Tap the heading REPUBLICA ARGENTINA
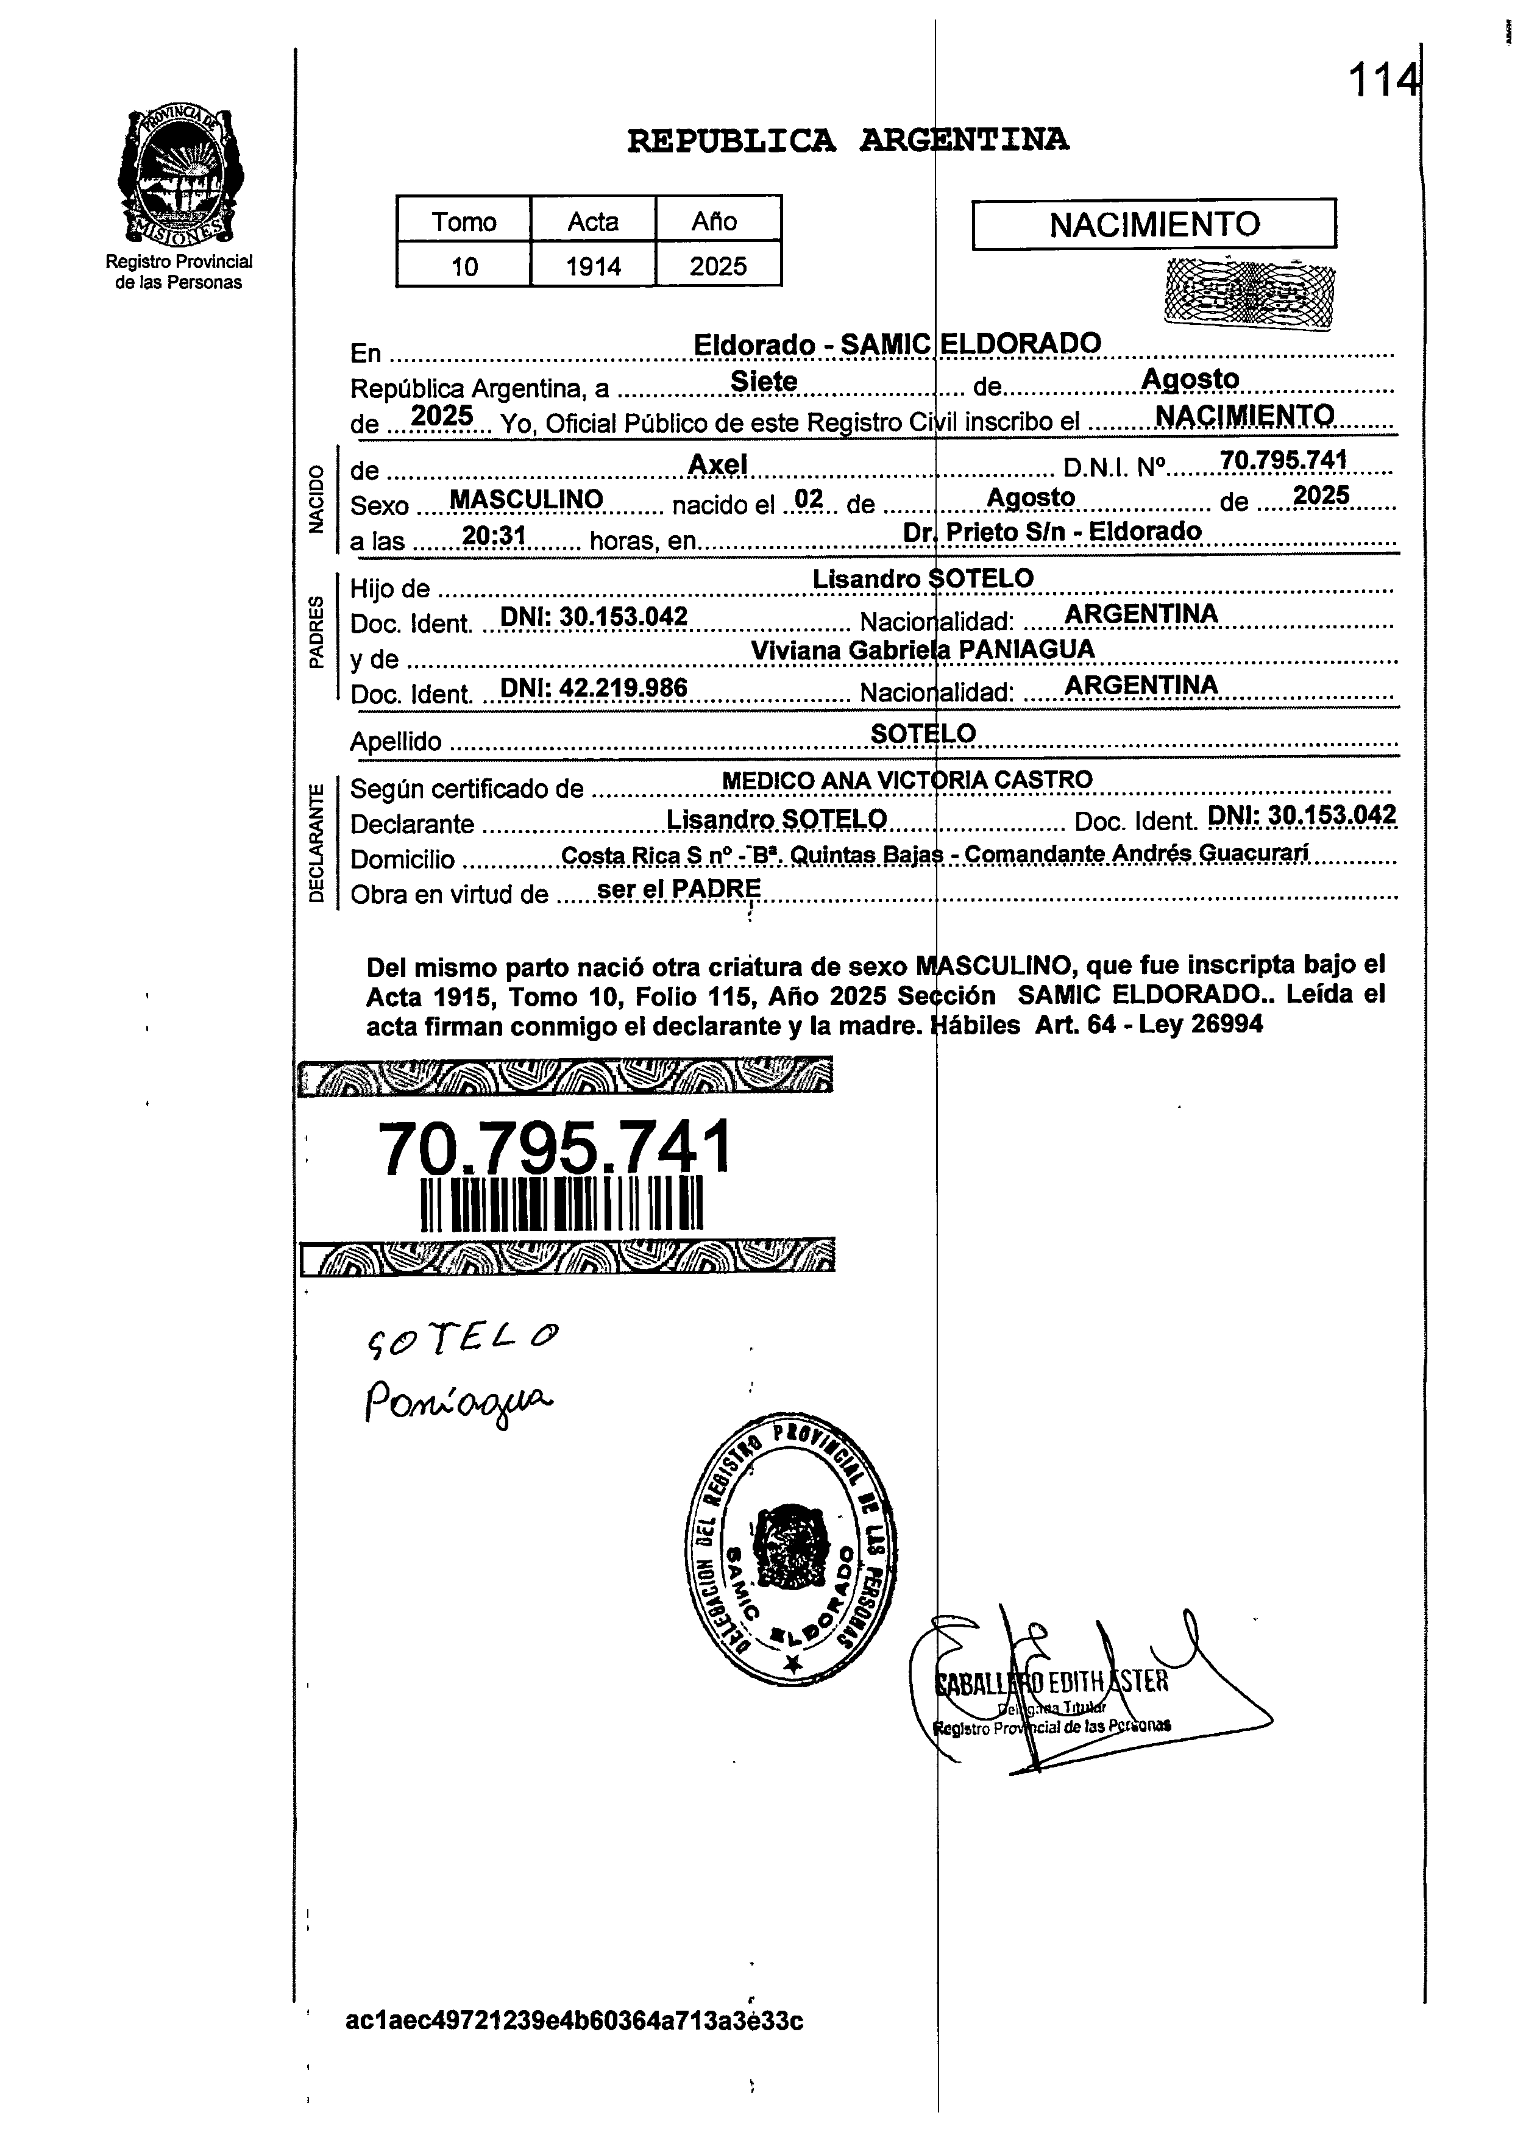click(848, 141)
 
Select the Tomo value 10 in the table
click(464, 267)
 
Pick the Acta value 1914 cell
click(593, 267)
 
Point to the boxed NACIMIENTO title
click(1153, 224)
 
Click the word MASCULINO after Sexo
click(526, 500)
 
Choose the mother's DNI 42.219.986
click(594, 689)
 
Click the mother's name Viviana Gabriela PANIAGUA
click(923, 649)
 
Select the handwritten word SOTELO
click(461, 1338)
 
